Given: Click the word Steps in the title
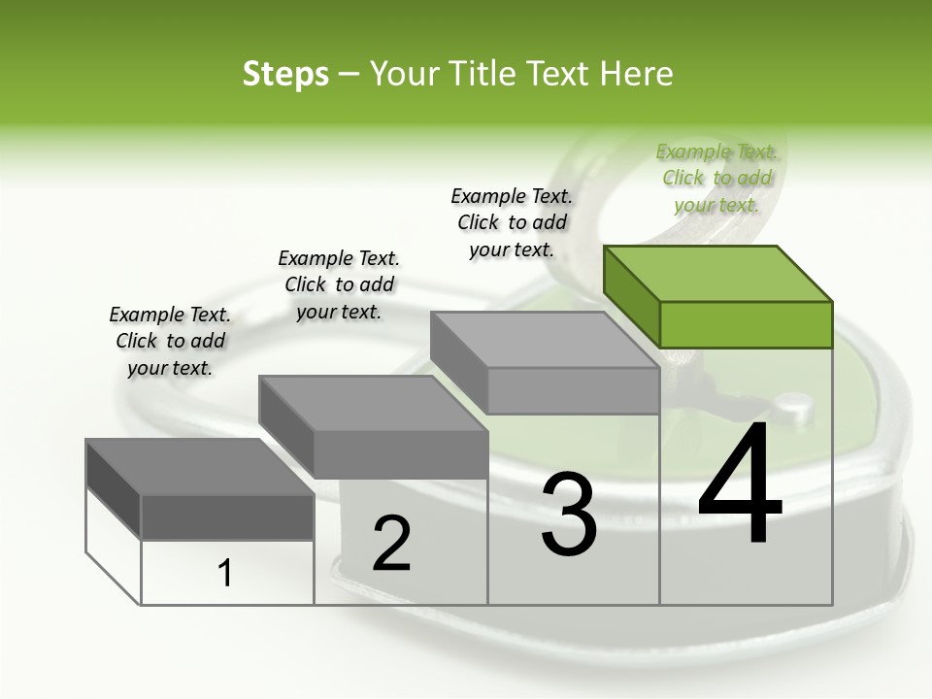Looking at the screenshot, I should point(285,74).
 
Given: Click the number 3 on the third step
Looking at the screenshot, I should point(569,514).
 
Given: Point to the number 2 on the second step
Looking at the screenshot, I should point(391,543).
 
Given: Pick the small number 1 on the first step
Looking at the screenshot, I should point(225,574).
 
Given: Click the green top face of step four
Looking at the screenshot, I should point(716,273).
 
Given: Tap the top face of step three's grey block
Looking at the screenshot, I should point(544,339).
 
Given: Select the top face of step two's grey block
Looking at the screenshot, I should point(372,402).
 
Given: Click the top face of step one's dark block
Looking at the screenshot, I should point(199,466).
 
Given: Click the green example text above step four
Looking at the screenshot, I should point(716,178).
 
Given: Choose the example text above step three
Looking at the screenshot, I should point(512,222).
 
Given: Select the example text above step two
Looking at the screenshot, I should point(339,284).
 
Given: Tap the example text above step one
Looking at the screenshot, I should point(170,341).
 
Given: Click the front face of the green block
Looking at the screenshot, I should point(746,324).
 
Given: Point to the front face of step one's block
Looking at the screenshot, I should point(227,516).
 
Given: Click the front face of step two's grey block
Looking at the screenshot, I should point(400,454).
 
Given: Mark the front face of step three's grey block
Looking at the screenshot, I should point(573,390).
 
